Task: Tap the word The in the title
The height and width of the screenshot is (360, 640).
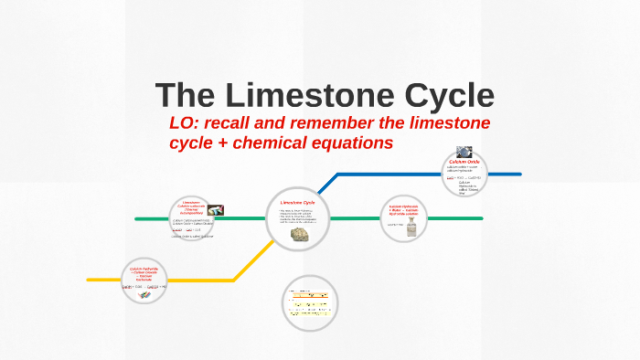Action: pos(187,96)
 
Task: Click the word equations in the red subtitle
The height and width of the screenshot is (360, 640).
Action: pos(352,143)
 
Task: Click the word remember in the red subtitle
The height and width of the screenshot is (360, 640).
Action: pos(336,123)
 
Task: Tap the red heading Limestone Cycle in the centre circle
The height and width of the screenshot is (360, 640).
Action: pos(298,202)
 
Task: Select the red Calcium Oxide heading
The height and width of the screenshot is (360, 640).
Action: pos(464,162)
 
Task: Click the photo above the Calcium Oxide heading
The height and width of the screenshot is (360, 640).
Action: pos(464,152)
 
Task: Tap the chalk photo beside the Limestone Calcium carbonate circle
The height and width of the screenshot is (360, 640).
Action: pos(217,210)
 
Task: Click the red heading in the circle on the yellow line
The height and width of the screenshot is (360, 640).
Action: pos(144,271)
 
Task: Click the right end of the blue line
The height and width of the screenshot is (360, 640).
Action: pos(520,174)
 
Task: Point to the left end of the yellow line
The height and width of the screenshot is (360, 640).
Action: pos(89,279)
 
